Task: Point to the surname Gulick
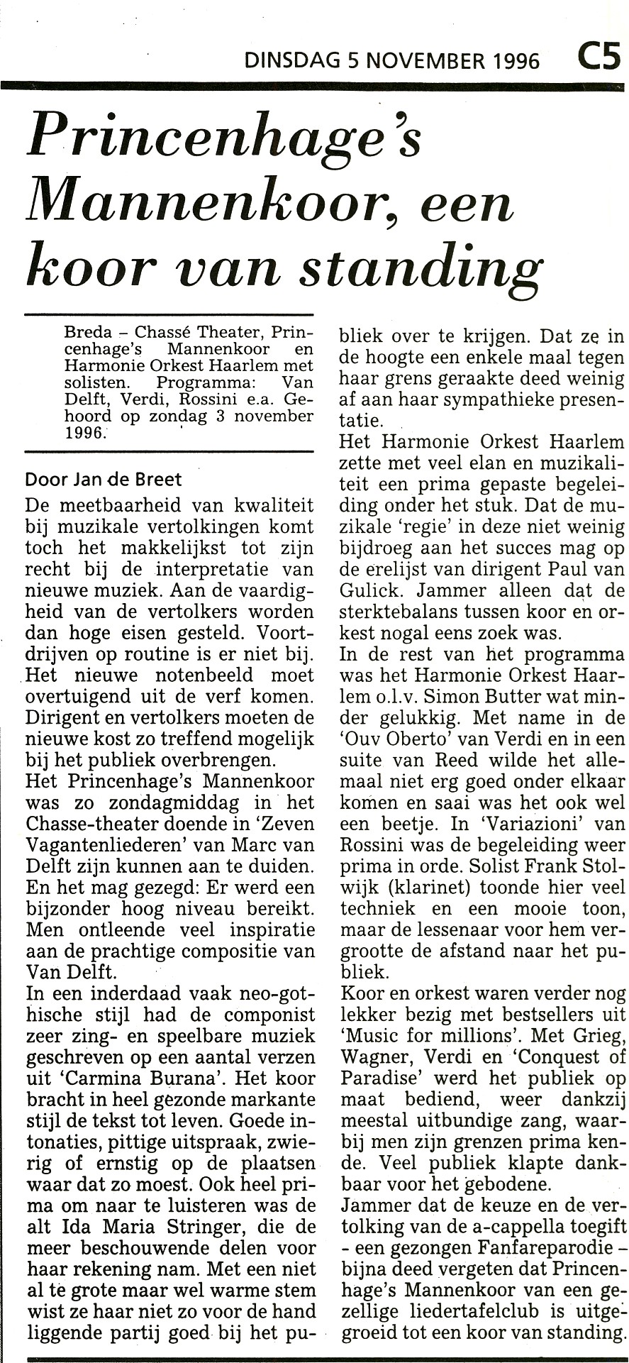click(373, 590)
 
